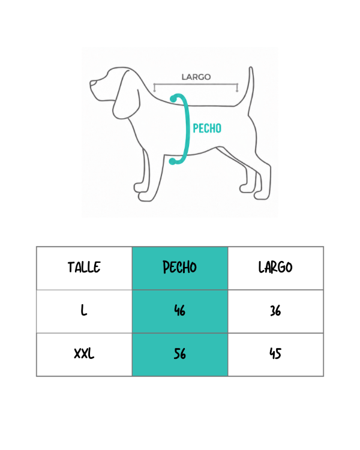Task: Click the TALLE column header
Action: coord(84,267)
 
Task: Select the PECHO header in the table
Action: coord(180,267)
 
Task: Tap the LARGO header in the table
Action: coord(275,267)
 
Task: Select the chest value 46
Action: coord(180,311)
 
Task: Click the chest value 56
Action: coord(180,353)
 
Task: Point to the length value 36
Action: coord(275,311)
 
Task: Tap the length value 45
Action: coord(275,353)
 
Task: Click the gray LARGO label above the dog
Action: coord(196,77)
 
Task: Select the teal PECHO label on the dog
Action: coord(207,128)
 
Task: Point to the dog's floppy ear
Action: coord(127,95)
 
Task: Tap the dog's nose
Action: coord(92,83)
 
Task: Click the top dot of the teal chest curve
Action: coord(173,99)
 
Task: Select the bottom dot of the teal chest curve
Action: coord(172,161)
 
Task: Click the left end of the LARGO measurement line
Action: coord(154,85)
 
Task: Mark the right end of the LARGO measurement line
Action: coord(237,85)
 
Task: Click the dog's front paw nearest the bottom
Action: coord(145,197)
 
